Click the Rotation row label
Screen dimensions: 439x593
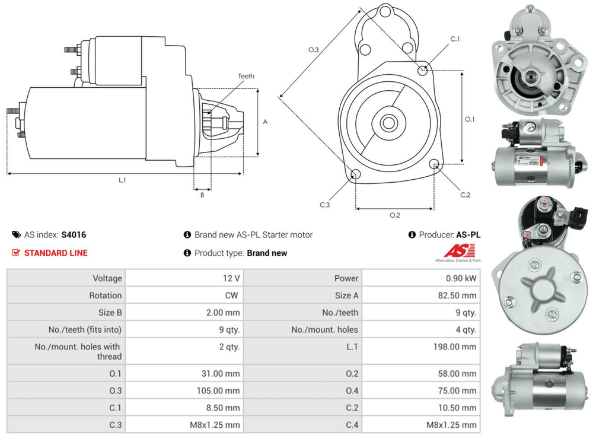(x=106, y=295)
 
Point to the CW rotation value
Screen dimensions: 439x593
(x=232, y=295)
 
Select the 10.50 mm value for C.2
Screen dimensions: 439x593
(x=459, y=408)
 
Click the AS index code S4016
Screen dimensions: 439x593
(x=74, y=235)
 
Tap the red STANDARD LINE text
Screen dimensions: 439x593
(x=56, y=253)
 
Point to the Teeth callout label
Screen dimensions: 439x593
(x=246, y=77)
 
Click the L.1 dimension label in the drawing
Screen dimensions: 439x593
(x=122, y=180)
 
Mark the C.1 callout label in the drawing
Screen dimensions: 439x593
(x=455, y=39)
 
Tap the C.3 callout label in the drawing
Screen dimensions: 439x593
(x=324, y=205)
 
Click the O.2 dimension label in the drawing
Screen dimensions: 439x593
(x=394, y=215)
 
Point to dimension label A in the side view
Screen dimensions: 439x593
(x=265, y=122)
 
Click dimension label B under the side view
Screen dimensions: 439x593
(x=202, y=195)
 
